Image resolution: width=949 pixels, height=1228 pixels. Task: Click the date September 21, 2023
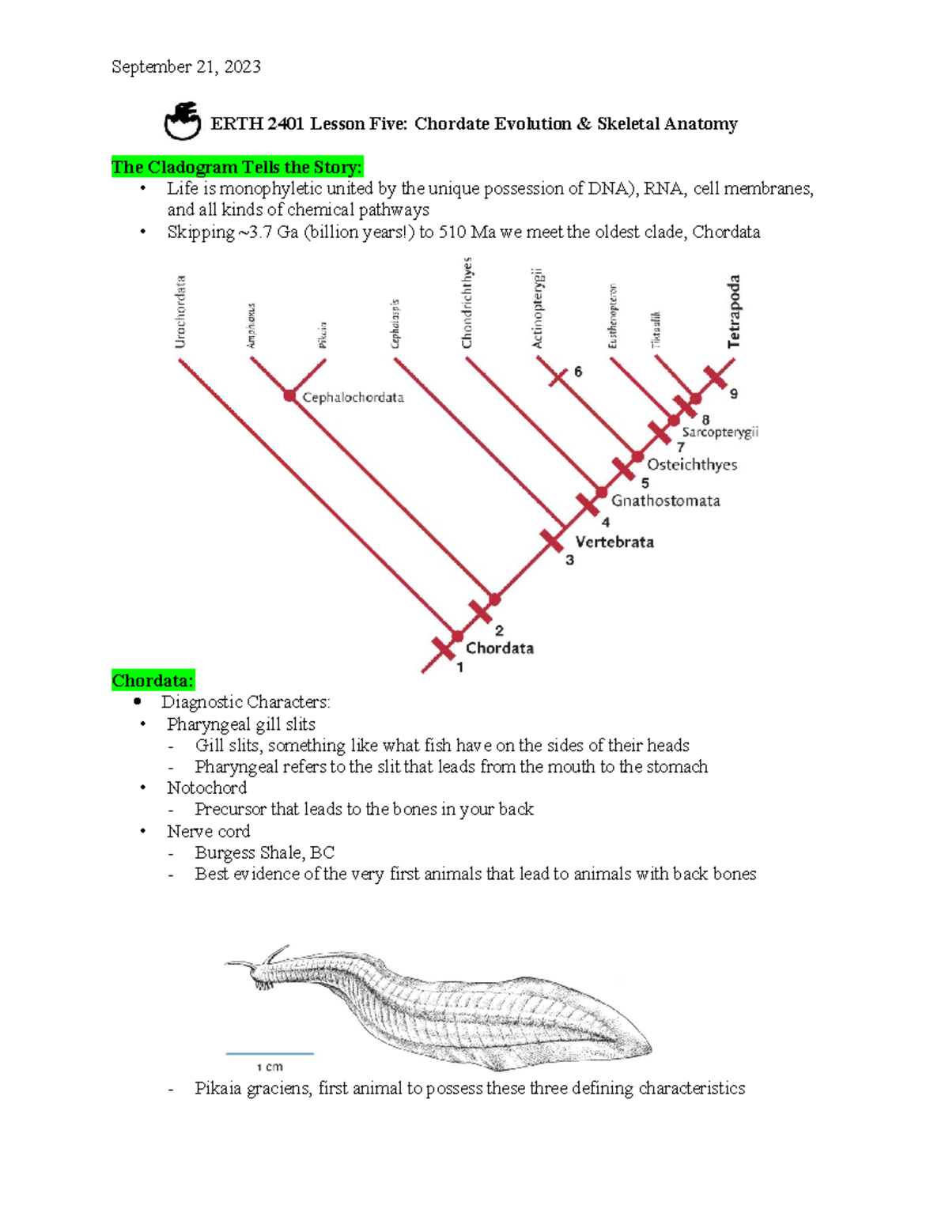point(186,67)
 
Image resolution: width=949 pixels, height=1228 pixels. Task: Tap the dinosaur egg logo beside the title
point(183,121)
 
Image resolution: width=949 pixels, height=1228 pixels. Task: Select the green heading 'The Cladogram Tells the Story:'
point(236,167)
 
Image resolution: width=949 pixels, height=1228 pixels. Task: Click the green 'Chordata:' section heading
point(153,681)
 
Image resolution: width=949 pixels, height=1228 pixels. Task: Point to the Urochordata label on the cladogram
point(180,312)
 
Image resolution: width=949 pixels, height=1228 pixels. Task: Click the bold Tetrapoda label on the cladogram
point(734,312)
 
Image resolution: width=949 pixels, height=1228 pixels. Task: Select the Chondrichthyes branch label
point(467,303)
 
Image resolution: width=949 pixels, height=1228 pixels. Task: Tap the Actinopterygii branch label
point(538,308)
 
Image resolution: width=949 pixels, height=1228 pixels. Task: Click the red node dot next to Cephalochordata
point(289,395)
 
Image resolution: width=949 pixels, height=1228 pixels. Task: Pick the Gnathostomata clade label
point(665,501)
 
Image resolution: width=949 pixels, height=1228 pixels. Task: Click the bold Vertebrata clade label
point(614,542)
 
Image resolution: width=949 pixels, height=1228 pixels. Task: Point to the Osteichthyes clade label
point(692,465)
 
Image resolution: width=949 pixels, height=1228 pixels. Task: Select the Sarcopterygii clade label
point(720,433)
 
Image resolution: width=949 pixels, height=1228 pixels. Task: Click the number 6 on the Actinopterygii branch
point(578,372)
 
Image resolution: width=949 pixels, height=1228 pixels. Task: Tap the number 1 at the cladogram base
point(460,667)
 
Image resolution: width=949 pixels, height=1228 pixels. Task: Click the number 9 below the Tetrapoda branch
point(734,394)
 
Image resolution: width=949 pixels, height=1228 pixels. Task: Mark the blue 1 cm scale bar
point(270,1053)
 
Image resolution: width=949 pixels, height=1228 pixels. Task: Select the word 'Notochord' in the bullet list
point(206,788)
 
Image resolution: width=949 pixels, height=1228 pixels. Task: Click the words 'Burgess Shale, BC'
point(264,853)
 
